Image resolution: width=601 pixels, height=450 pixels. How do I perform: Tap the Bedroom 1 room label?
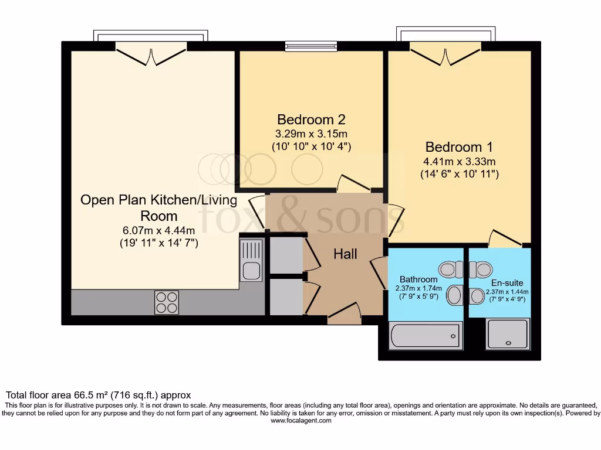pyautogui.click(x=459, y=147)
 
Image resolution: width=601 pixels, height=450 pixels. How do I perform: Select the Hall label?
pyautogui.click(x=346, y=254)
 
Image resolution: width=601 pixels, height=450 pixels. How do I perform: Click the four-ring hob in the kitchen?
pyautogui.click(x=166, y=302)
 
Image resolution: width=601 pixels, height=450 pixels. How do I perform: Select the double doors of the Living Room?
pyautogui.click(x=152, y=56)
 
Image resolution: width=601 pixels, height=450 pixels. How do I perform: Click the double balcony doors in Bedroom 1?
pyautogui.click(x=447, y=56)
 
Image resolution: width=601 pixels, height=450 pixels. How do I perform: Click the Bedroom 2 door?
pyautogui.click(x=353, y=183)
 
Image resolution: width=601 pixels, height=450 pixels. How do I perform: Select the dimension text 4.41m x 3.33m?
pyautogui.click(x=460, y=162)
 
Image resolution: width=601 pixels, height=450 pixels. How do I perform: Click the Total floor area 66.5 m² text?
pyautogui.click(x=98, y=395)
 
